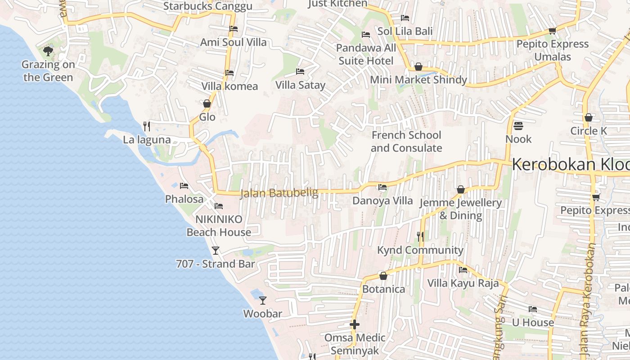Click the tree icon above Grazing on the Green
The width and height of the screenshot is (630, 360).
[48, 51]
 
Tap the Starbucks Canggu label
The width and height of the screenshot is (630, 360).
[207, 6]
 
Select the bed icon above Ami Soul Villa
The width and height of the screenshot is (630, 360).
[234, 29]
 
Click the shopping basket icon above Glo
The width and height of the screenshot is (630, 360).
[207, 104]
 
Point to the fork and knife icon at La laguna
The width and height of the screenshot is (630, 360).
[146, 126]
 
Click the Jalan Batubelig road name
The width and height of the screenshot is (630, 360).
[279, 193]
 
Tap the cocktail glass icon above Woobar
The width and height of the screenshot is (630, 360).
[263, 300]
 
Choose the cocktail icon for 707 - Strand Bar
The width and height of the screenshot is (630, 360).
[216, 251]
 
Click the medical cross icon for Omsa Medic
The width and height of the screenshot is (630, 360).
[355, 324]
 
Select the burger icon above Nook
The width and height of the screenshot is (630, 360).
[518, 126]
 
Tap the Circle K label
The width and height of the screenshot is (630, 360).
[589, 131]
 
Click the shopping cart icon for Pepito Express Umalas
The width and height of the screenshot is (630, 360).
[553, 31]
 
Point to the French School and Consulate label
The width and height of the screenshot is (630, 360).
[406, 141]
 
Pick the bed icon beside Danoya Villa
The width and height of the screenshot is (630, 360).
[382, 187]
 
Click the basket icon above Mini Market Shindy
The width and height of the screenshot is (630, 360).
[418, 67]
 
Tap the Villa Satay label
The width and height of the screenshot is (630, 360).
[300, 85]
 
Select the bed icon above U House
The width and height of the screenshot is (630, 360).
[533, 309]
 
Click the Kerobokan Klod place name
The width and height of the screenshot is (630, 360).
[571, 165]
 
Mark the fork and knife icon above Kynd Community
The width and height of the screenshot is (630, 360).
[420, 236]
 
